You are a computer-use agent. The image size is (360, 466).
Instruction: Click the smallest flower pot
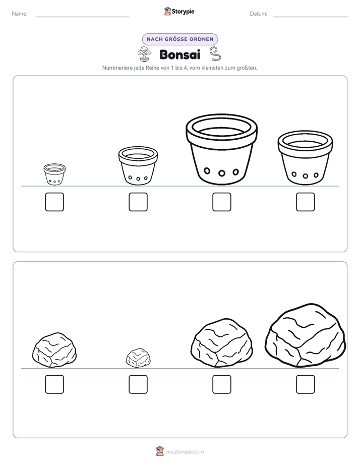(54, 174)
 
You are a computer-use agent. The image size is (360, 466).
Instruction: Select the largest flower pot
(221, 149)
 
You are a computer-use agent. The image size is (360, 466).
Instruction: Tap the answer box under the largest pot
(221, 202)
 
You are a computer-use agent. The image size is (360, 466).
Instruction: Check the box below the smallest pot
(54, 202)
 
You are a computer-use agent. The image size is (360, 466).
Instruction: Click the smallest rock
(138, 358)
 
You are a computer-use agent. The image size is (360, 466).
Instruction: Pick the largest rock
(306, 335)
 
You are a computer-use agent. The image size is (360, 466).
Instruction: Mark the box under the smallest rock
(138, 384)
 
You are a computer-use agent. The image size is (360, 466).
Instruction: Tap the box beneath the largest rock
(306, 384)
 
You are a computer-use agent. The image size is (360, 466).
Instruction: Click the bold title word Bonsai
(180, 54)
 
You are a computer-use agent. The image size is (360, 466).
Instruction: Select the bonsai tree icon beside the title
(144, 54)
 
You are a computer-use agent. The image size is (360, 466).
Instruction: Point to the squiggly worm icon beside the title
(215, 54)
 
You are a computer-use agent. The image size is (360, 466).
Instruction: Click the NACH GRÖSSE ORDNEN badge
(180, 39)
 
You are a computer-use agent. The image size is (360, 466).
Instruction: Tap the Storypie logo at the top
(179, 12)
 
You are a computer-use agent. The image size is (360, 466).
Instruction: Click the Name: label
(20, 14)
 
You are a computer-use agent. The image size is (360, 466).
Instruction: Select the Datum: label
(259, 14)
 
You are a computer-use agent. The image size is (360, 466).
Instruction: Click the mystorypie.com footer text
(185, 452)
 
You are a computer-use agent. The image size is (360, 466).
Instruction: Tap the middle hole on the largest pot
(221, 173)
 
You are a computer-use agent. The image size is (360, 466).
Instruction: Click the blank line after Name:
(83, 17)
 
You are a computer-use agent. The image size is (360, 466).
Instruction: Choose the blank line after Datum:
(311, 17)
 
